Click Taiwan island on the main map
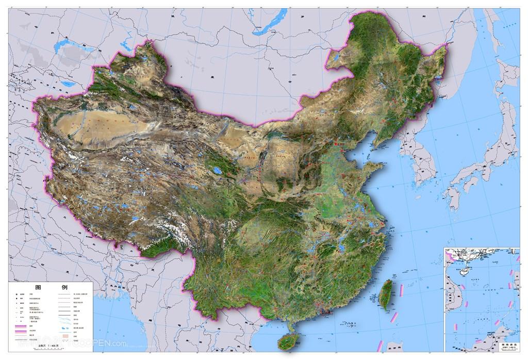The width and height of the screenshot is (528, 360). coord(385,295)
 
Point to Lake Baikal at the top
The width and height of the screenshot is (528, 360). coord(270,23)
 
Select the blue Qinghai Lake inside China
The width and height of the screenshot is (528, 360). coord(219,170)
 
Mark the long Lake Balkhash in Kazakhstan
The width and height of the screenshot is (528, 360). coord(72,46)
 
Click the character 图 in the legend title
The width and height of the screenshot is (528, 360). coord(38,287)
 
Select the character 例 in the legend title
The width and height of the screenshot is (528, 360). coord(64,287)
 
